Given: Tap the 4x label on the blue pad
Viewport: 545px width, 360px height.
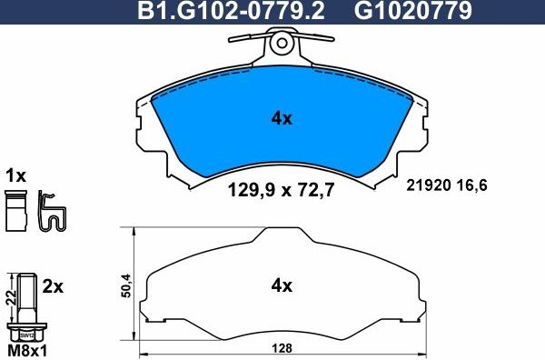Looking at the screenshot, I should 281,117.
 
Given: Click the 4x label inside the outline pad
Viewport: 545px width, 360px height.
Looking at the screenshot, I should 281,285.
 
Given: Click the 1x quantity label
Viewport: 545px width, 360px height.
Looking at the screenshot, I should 15,175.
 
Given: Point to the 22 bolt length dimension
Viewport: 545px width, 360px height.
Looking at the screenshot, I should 9,296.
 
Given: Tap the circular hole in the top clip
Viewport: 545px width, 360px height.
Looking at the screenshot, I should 281,41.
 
